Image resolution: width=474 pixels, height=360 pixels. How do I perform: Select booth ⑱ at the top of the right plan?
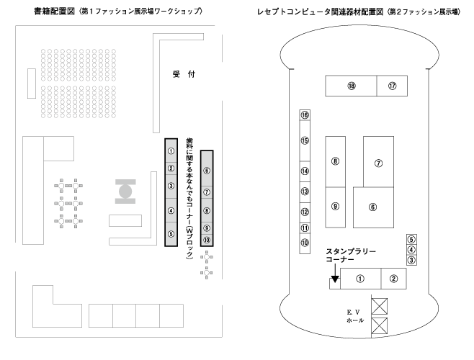(x=352, y=86)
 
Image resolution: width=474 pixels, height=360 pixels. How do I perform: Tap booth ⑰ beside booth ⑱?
(x=393, y=86)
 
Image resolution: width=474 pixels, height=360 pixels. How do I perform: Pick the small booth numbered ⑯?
(x=305, y=115)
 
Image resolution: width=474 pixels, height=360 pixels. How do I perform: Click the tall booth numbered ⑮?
(x=305, y=141)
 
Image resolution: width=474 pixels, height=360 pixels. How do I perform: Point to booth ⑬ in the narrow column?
(x=305, y=192)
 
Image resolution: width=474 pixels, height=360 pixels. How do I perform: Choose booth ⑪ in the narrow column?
(x=305, y=228)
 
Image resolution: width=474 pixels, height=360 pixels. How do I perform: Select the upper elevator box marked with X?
(x=378, y=305)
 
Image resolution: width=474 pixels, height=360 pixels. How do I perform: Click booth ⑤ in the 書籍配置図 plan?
(x=171, y=233)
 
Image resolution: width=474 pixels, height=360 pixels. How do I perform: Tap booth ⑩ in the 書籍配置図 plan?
(x=207, y=240)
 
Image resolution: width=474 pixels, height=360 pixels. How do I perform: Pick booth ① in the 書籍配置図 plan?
(x=171, y=151)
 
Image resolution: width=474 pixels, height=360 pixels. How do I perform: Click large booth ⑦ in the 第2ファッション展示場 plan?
(x=377, y=163)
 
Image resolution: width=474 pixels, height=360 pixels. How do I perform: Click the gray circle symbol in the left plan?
(x=125, y=192)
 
